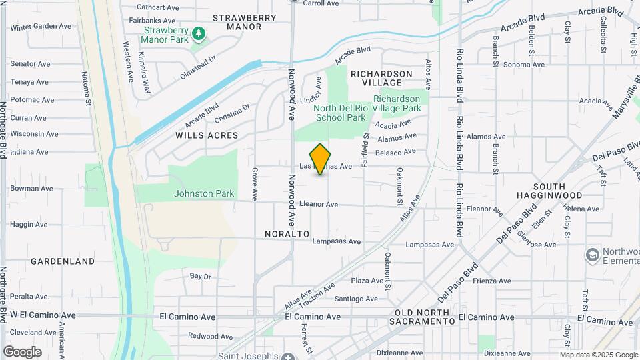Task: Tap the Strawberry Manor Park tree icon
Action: (198, 33)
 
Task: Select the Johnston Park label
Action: (204, 193)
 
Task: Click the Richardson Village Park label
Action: (397, 103)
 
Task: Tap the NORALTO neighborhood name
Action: (287, 234)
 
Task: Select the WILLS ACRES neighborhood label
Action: (207, 135)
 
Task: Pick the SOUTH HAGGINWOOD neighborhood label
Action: (549, 191)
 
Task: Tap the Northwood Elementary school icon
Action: (591, 255)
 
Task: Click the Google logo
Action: (22, 352)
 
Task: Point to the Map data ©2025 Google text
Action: (598, 355)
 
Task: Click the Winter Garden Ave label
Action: (41, 27)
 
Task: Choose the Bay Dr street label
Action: (200, 275)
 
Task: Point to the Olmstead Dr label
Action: (198, 68)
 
